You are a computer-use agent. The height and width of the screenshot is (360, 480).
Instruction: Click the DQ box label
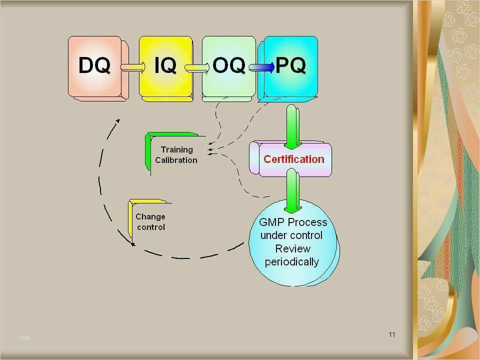click(x=94, y=65)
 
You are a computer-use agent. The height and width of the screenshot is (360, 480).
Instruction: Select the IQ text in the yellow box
click(x=165, y=65)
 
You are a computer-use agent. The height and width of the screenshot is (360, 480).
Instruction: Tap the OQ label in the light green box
click(x=228, y=65)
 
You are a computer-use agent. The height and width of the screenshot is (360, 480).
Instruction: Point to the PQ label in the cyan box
click(x=290, y=65)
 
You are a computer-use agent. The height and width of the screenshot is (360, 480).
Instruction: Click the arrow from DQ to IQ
click(x=132, y=66)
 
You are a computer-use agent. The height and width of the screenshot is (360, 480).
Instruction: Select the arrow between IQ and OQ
click(x=197, y=67)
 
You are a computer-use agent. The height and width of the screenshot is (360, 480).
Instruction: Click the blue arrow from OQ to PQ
click(x=261, y=67)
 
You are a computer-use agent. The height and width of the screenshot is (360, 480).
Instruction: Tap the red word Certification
click(x=294, y=159)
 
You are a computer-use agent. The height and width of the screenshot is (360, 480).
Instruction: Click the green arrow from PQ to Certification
click(x=292, y=126)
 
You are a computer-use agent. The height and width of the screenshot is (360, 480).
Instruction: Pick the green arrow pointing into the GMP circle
click(x=292, y=190)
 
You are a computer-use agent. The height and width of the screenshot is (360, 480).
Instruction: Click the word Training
click(x=177, y=149)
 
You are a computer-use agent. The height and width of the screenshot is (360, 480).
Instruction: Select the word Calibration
click(x=176, y=160)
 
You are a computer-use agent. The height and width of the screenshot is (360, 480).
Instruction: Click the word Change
click(x=150, y=216)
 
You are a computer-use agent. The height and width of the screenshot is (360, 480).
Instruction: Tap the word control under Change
click(x=151, y=227)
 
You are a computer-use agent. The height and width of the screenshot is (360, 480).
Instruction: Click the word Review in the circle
click(x=292, y=248)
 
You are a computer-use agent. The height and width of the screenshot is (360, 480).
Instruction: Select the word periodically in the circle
click(x=291, y=262)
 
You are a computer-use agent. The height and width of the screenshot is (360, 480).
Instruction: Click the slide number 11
click(x=392, y=334)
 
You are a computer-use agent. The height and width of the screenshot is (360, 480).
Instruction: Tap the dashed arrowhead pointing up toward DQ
click(x=117, y=121)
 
